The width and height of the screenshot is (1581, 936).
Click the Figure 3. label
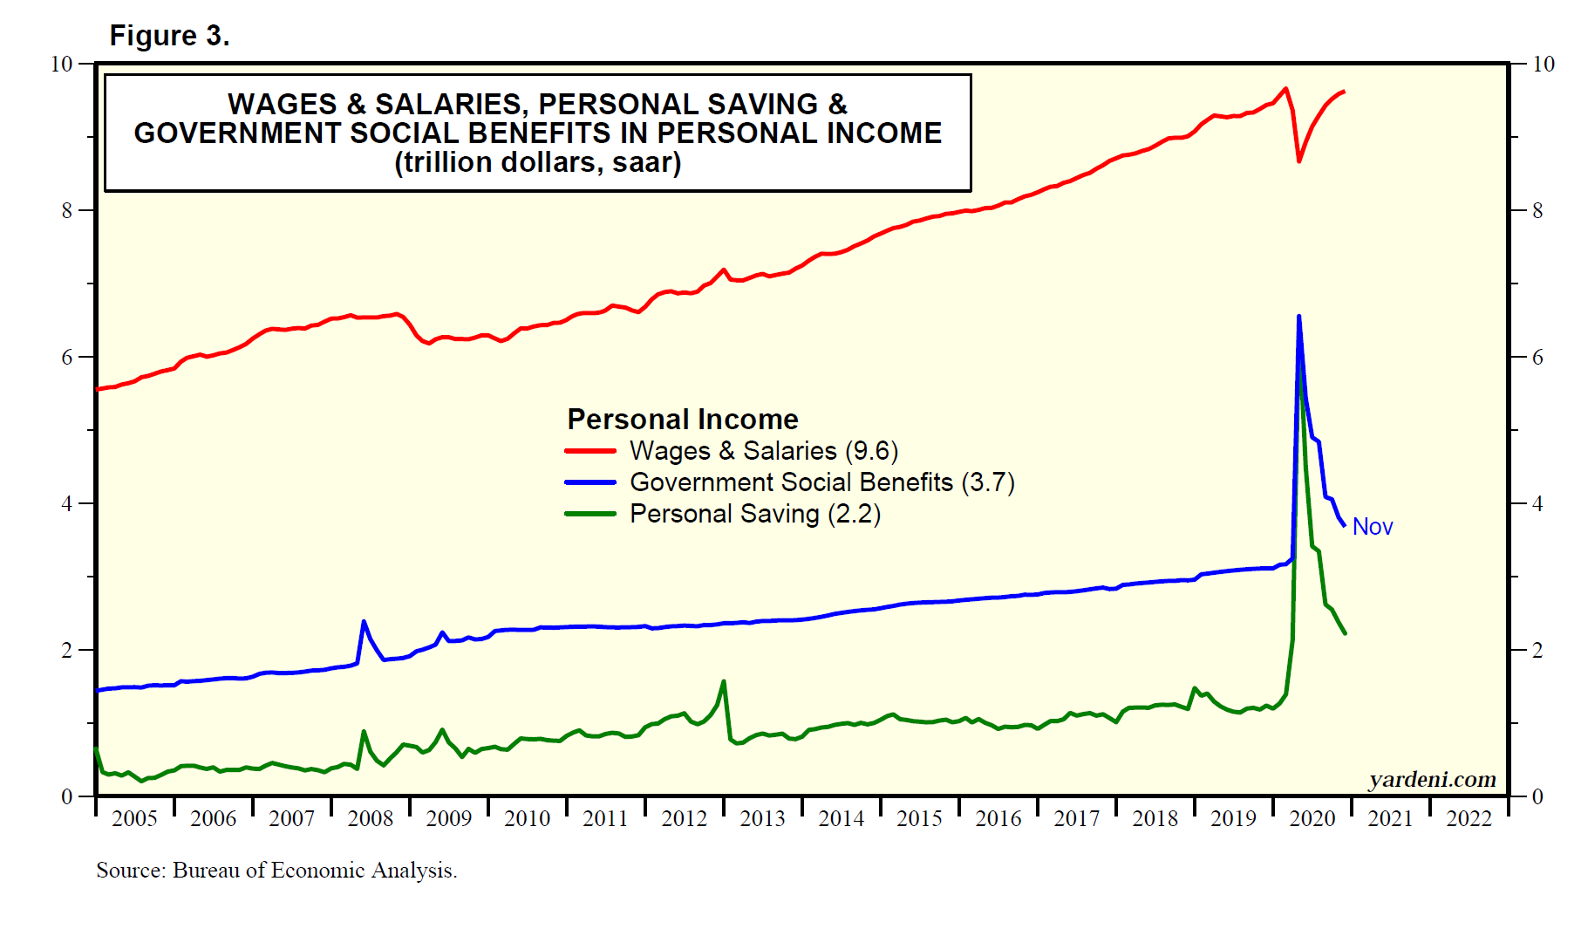[x=169, y=36]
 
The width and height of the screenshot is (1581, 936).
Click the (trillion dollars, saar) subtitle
[x=537, y=162]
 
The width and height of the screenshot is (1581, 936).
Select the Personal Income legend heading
[x=682, y=420]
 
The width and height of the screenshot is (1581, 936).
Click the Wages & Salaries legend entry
[x=763, y=451]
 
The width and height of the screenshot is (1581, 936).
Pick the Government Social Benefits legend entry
[x=821, y=482]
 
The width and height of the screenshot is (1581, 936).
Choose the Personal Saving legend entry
[x=754, y=514]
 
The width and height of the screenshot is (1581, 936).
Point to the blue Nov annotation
[x=1372, y=527]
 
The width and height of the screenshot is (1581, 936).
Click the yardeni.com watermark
[x=1432, y=779]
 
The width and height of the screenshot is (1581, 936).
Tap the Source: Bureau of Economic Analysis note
[x=276, y=870]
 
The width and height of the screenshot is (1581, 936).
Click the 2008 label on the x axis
[x=370, y=818]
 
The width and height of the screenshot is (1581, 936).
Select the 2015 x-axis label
[x=919, y=818]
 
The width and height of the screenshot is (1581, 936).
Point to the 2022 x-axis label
[x=1469, y=818]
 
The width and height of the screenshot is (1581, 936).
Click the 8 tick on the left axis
[x=67, y=210]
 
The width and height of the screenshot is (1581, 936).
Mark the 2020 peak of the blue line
[x=1298, y=317]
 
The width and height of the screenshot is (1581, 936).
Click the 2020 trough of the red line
[x=1298, y=161]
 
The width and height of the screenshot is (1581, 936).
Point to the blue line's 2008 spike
[x=364, y=621]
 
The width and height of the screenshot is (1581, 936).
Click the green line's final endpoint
[x=1345, y=633]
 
